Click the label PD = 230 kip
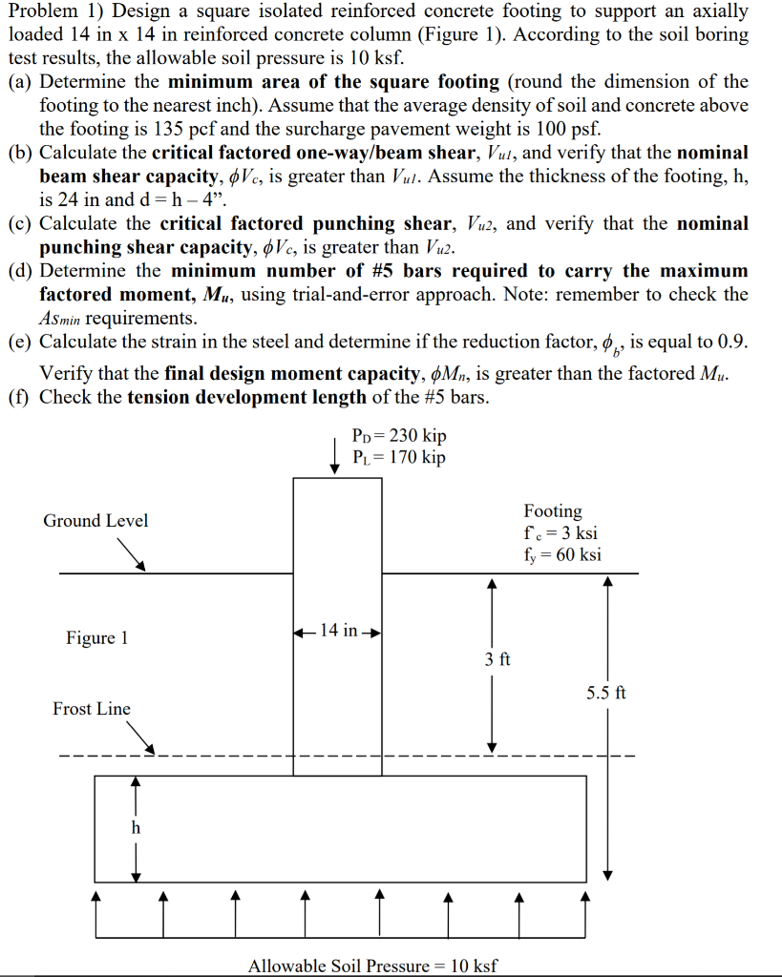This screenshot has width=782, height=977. [398, 436]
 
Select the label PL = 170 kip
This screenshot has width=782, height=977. [398, 457]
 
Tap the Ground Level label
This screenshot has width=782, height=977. [95, 521]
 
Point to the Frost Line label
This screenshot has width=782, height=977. [92, 709]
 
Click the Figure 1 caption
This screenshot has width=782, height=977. [96, 637]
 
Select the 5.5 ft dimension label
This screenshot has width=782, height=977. [606, 693]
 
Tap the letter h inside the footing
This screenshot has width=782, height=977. [136, 828]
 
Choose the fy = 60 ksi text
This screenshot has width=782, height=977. [562, 554]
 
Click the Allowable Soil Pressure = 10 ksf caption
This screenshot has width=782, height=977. [372, 966]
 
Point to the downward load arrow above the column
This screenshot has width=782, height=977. [334, 454]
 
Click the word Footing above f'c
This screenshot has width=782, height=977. [553, 511]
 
